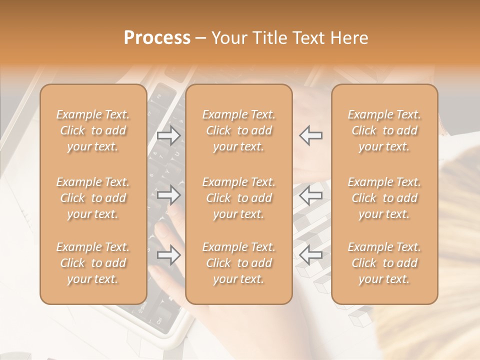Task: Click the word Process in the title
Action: tap(157, 37)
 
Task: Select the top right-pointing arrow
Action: tap(168, 135)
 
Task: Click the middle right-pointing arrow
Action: tap(168, 195)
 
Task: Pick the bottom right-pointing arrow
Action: tap(168, 255)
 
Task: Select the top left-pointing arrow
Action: tap(311, 135)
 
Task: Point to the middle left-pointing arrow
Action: tap(311, 195)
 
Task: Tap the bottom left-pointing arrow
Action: tap(311, 255)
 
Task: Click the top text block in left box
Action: tap(93, 130)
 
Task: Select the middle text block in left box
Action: tap(93, 198)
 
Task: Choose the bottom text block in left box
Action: tap(93, 263)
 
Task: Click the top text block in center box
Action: tap(238, 130)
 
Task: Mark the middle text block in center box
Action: tap(238, 198)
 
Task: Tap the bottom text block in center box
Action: tap(238, 263)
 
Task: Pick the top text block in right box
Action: tap(384, 130)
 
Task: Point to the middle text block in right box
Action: tap(384, 198)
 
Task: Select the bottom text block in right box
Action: tap(384, 263)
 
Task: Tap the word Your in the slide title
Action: tap(228, 37)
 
